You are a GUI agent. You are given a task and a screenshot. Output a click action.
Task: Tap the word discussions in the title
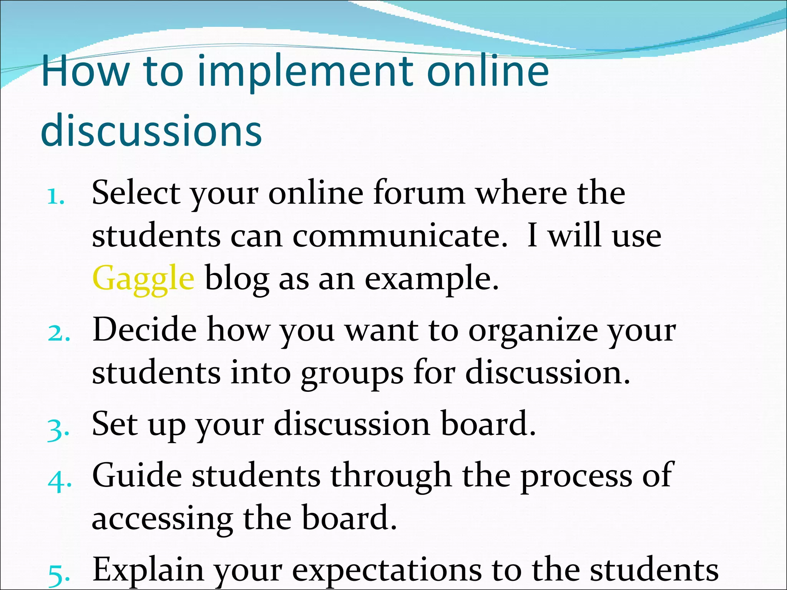[x=151, y=131]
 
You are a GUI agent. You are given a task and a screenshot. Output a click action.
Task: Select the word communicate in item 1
[x=400, y=235]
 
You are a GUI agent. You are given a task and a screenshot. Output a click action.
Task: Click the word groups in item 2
[x=352, y=373]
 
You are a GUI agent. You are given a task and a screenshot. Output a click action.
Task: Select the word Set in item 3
[x=115, y=424]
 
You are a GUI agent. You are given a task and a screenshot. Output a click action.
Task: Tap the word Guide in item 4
[x=137, y=476]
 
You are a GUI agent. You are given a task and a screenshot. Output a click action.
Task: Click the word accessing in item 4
[x=162, y=519]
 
